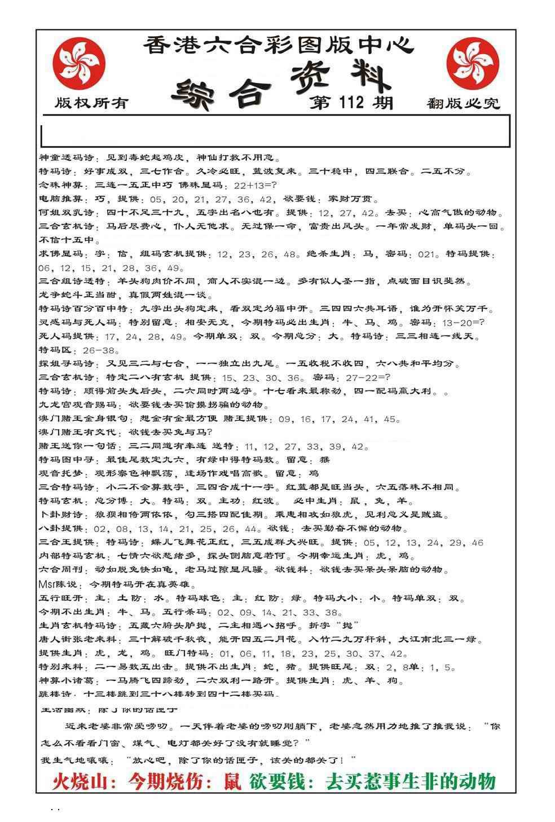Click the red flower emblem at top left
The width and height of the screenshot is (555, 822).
click(79, 61)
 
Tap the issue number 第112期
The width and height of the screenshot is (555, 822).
click(351, 102)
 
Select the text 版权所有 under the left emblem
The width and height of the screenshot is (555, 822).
click(91, 103)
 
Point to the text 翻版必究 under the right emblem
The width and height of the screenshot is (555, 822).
click(464, 103)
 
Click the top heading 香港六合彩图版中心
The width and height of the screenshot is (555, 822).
click(277, 45)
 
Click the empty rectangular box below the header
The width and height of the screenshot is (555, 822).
click(275, 131)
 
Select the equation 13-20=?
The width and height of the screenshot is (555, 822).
click(464, 323)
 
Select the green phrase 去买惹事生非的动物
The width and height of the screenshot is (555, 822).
click(411, 781)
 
